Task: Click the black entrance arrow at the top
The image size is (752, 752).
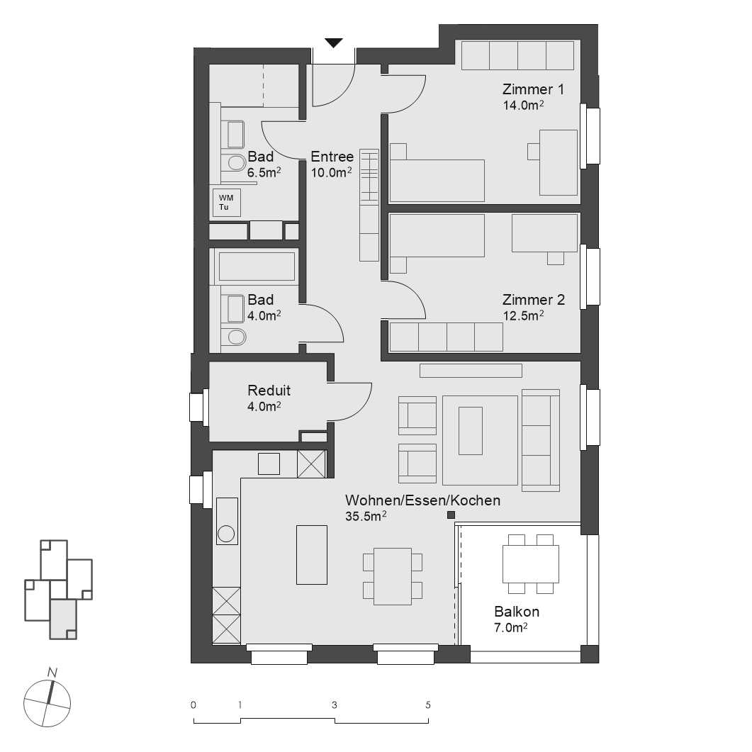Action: click(334, 43)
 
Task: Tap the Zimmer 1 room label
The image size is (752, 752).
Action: click(533, 90)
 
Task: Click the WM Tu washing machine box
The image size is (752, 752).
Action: click(227, 203)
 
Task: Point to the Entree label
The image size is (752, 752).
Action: click(332, 157)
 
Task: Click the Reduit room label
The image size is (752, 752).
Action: click(269, 391)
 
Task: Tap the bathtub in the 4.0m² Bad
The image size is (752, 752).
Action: click(256, 267)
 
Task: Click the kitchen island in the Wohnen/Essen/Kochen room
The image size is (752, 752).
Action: click(311, 554)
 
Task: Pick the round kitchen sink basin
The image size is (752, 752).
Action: click(226, 534)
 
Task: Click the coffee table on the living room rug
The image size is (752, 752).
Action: click(470, 430)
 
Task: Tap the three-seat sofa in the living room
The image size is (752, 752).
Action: click(540, 440)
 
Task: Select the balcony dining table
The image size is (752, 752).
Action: click(530, 563)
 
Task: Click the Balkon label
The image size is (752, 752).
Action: click(516, 612)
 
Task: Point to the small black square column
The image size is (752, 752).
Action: click(450, 515)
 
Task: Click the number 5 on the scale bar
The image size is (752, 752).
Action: click(427, 705)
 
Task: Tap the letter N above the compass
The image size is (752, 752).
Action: click(52, 671)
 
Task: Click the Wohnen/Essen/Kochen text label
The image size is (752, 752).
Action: click(422, 500)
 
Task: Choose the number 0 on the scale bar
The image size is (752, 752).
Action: click(193, 705)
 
